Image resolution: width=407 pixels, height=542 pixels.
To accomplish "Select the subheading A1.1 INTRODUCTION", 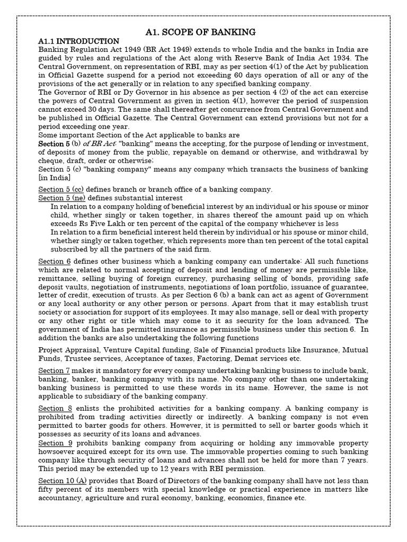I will click(x=79, y=41).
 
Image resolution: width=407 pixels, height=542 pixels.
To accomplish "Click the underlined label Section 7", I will click(x=54, y=369).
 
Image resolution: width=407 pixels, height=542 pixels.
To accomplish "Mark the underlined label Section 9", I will click(x=54, y=443).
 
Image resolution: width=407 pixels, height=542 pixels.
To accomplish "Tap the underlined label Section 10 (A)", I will click(x=63, y=480).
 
